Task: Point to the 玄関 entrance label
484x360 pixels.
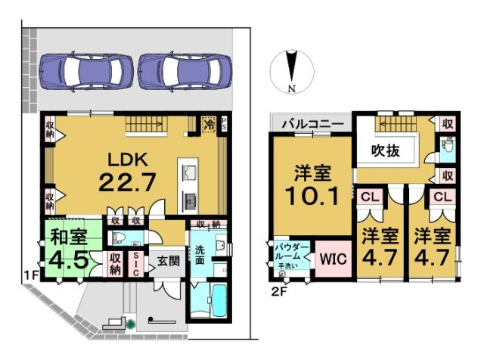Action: tap(167, 262)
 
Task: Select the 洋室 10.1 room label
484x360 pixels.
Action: tap(312, 185)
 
